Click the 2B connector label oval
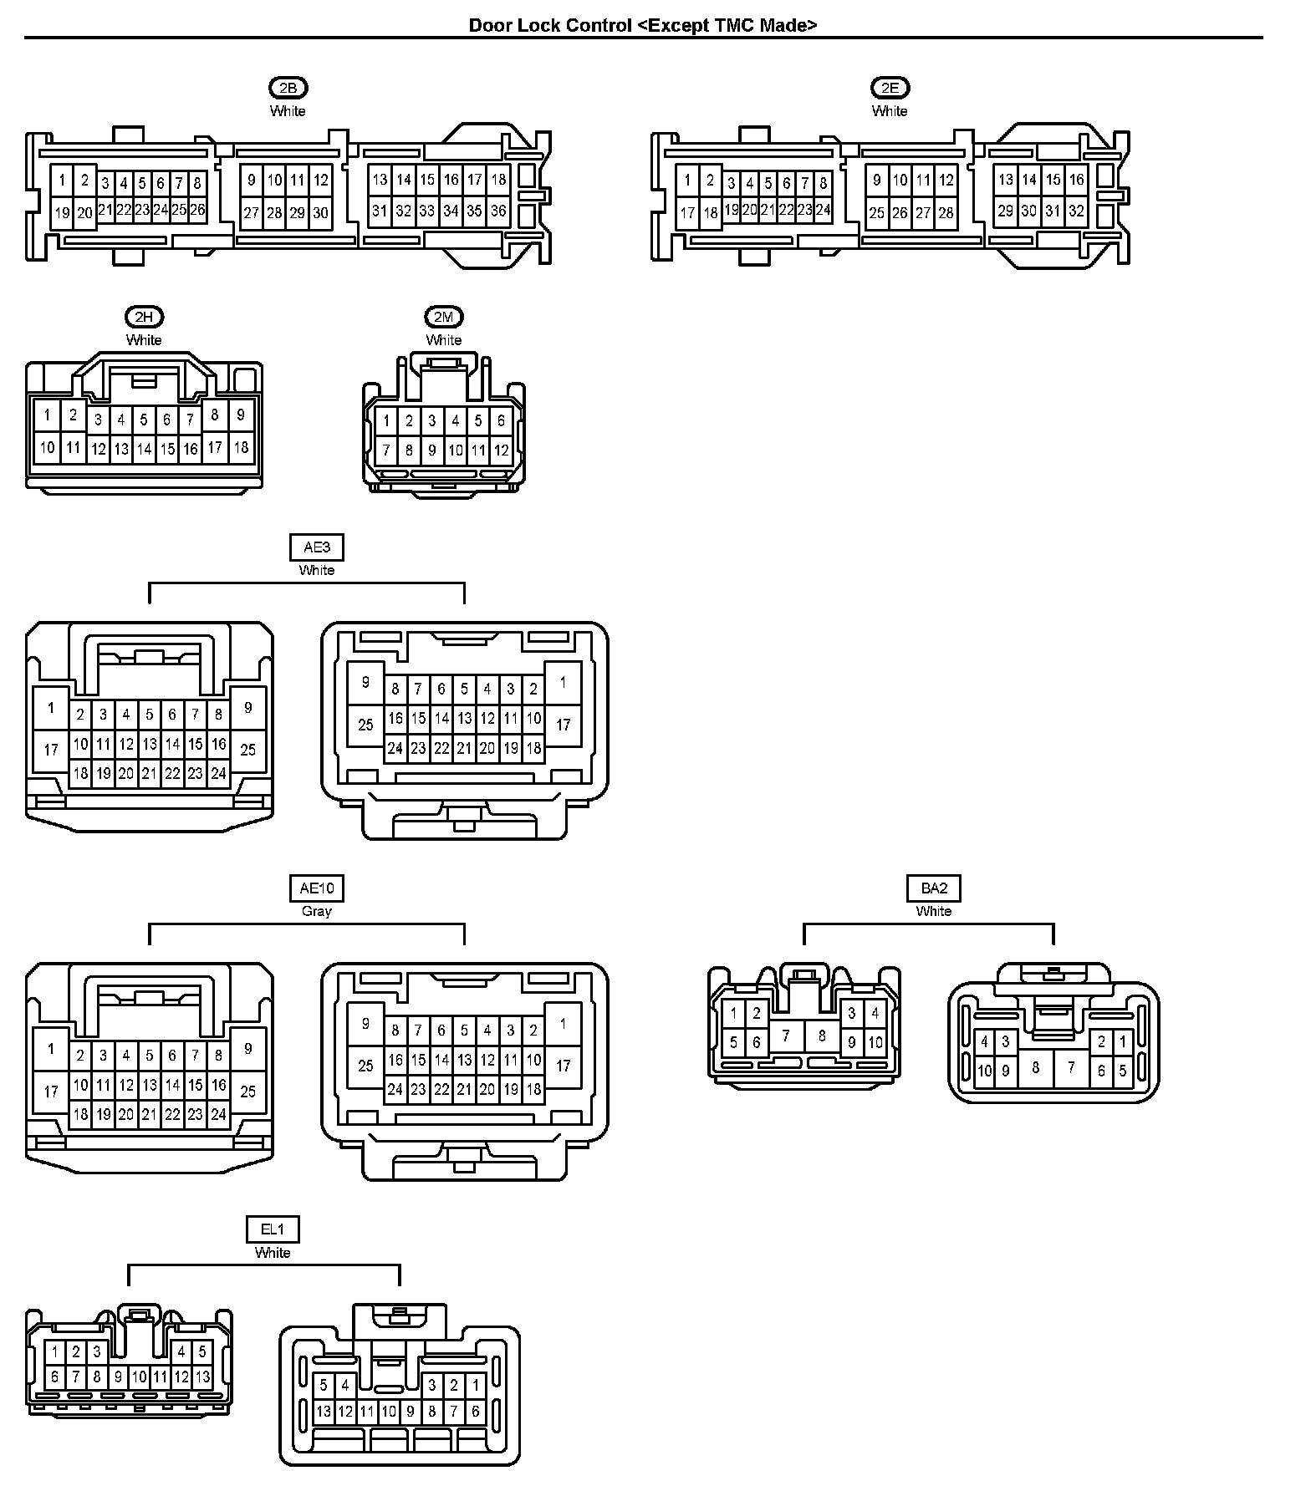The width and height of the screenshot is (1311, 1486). pos(288,88)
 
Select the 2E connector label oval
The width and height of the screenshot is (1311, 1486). pos(890,88)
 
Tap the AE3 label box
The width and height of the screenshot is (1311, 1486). pos(317,547)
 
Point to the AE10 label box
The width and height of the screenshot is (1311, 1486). pos(317,888)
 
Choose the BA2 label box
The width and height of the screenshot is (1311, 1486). pos(933,888)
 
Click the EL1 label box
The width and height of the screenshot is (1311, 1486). pos(273,1229)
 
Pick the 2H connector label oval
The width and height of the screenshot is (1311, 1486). pos(144,317)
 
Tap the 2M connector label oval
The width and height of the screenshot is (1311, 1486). pos(443,317)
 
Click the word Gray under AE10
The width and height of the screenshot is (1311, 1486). pos(317,911)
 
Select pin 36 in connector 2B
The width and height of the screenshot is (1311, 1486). pos(498,211)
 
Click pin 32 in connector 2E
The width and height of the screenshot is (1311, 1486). pos(1076,211)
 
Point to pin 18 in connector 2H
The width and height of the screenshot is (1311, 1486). pos(241,447)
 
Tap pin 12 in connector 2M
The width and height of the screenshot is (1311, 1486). pos(501,450)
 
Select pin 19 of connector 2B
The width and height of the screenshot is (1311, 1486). pos(62,212)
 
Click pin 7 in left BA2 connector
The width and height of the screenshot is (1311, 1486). pos(786,1036)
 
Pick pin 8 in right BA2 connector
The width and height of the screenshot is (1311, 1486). pos(1036,1067)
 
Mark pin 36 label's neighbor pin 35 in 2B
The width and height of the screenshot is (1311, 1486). pos(475,211)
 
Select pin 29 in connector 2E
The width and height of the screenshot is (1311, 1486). pos(1005,211)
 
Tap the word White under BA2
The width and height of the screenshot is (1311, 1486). pos(933,911)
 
